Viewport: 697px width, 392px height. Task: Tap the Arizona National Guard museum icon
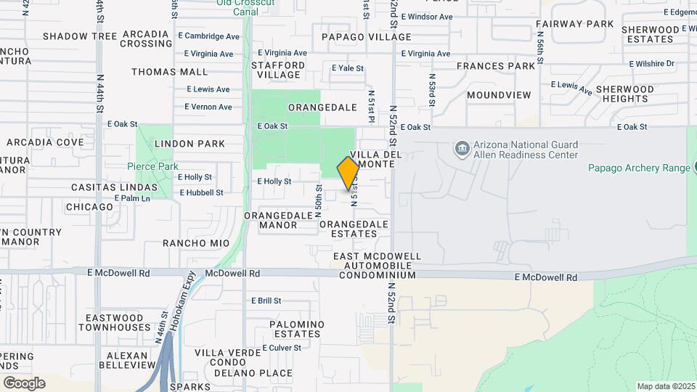[x=462, y=149]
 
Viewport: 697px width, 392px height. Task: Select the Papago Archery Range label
[x=638, y=168]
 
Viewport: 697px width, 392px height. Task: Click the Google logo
[x=24, y=383]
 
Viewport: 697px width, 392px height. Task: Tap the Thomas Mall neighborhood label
[x=169, y=72]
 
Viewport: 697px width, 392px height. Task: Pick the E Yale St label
[x=347, y=68]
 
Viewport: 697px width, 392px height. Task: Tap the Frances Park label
[x=496, y=66]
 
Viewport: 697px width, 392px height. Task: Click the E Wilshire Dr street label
[x=651, y=64]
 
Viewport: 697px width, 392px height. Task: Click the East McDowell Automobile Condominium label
[x=376, y=266]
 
